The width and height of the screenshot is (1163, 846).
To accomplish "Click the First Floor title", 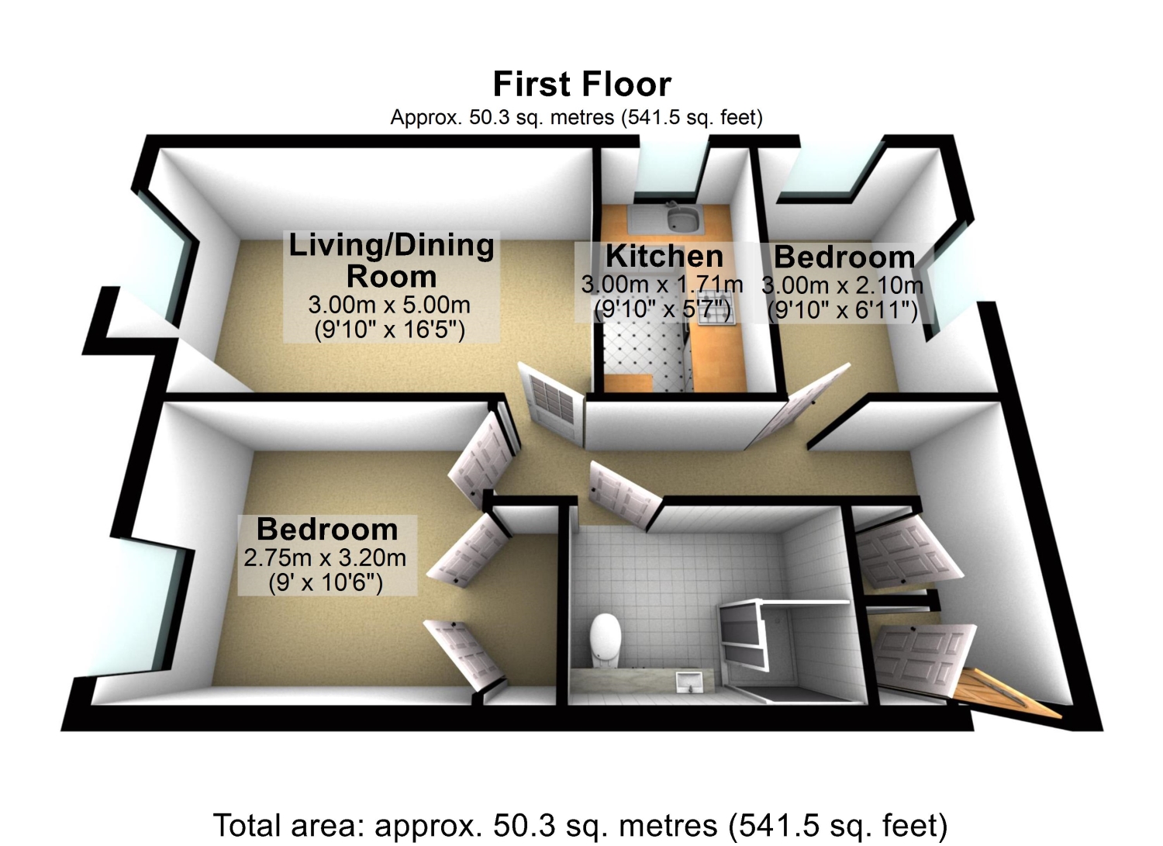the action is (581, 84).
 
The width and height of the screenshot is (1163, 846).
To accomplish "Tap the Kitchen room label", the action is (664, 256).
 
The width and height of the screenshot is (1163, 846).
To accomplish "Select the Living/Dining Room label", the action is (391, 261).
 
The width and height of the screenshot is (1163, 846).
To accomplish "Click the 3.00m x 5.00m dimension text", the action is (389, 305).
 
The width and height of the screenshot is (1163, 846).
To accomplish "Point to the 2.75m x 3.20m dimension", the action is (325, 558).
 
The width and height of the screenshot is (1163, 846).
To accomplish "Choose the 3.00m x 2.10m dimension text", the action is (842, 285).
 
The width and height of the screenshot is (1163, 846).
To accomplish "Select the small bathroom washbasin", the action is (689, 682).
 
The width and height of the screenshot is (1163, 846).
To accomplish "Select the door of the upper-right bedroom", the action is (797, 406).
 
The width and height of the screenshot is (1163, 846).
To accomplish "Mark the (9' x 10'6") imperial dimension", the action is (326, 582).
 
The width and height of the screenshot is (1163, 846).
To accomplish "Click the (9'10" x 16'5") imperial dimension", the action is (389, 330).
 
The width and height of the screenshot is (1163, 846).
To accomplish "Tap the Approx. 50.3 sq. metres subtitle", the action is (576, 117).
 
